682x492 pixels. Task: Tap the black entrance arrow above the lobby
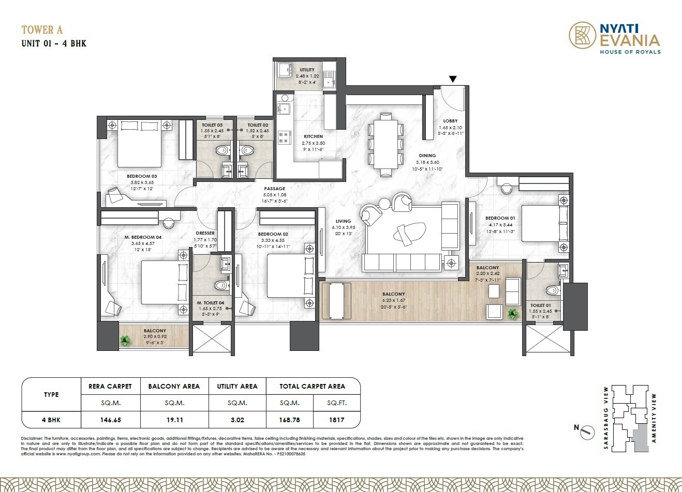[453, 79]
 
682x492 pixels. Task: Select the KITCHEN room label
[313, 136]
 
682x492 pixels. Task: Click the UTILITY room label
[307, 70]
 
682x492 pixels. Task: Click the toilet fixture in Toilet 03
[222, 150]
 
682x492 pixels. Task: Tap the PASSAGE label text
[274, 189]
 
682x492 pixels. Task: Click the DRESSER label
[205, 233]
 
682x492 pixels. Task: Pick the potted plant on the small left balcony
[125, 340]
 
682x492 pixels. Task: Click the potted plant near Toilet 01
[513, 313]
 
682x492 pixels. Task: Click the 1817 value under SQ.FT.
[336, 420]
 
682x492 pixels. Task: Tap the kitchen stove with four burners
[284, 137]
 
